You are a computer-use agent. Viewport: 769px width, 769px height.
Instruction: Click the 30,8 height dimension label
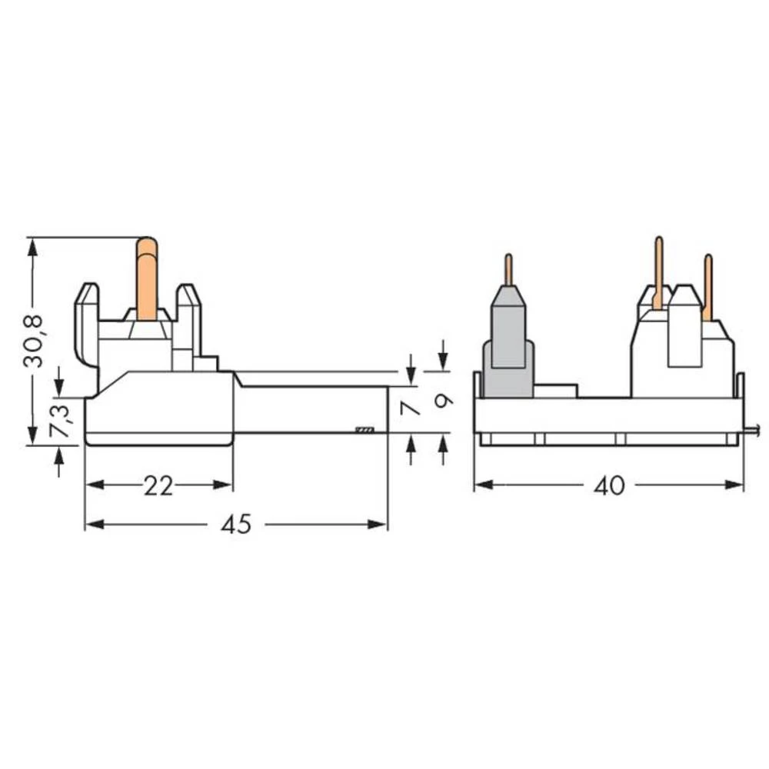pos(35,341)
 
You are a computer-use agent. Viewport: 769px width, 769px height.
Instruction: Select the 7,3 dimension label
pos(60,421)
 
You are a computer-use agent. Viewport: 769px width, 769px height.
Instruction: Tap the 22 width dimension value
pos(158,485)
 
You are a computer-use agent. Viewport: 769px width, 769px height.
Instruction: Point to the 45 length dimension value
pos(236,524)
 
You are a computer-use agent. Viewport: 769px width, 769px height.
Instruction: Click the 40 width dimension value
pos(610,485)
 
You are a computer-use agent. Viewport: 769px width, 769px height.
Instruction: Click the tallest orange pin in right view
pos(658,269)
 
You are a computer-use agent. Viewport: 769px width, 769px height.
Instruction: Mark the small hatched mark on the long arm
pos(364,429)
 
